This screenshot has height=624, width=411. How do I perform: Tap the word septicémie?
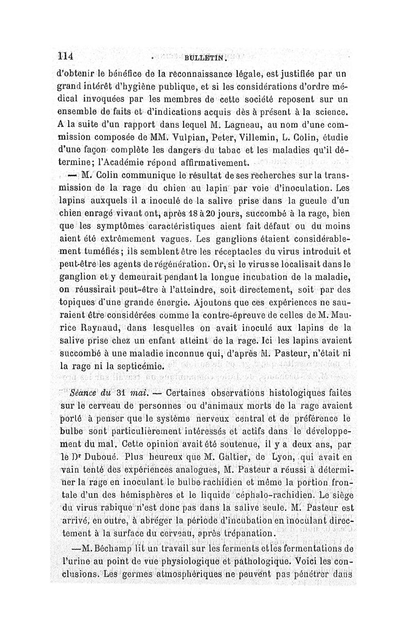pos(133,366)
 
